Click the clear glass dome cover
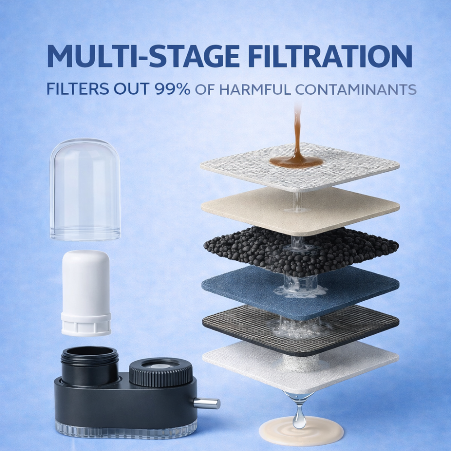[85, 189]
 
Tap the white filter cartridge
[86, 293]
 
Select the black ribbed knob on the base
[161, 372]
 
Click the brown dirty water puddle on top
[296, 161]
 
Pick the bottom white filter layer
[244, 361]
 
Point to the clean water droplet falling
[298, 419]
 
